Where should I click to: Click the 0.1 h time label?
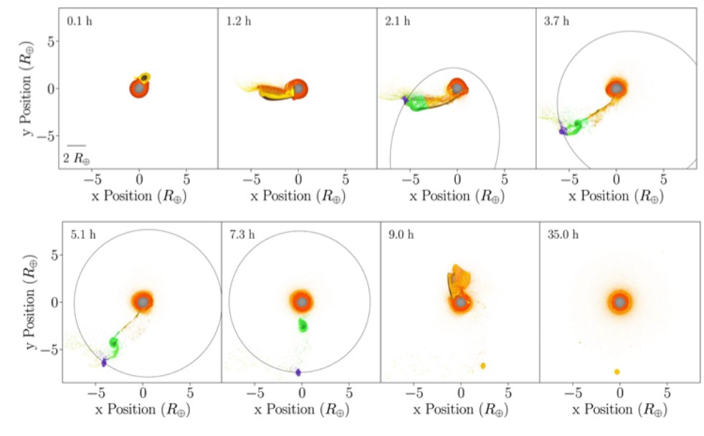point(80,21)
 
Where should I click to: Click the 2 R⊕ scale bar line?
point(76,146)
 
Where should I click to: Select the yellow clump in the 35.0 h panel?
point(617,371)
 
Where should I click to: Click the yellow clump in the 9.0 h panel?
point(482,366)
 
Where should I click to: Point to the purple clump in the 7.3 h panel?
point(298,371)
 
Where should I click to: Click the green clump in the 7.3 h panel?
point(305,325)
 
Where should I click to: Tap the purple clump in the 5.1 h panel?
point(104,363)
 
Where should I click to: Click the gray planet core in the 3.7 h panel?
point(615,89)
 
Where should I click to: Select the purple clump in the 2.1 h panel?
point(405,100)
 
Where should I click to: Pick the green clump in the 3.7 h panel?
point(574,128)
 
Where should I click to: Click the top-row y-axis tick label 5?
point(51,42)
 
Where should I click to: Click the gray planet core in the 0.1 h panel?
point(138,89)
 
